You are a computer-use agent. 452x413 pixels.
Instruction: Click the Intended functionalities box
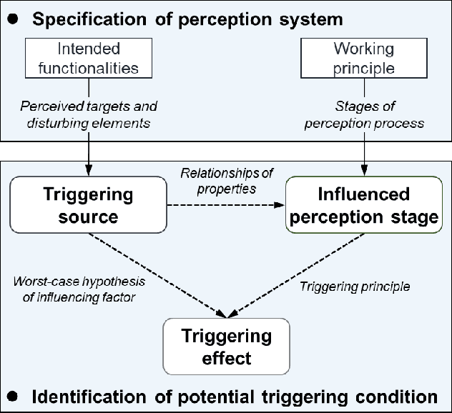pos(88,59)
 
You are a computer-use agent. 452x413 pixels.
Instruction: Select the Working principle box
pos(364,59)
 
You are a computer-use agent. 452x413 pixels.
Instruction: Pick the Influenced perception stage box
pos(363,206)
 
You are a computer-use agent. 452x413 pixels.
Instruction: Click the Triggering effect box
pos(226,347)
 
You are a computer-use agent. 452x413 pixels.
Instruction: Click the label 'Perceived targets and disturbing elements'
pos(88,114)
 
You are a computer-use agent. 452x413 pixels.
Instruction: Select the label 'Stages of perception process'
pos(364,114)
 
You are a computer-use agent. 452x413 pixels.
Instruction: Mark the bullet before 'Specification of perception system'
pos(12,19)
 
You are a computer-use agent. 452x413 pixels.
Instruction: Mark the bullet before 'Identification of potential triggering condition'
pos(12,396)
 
